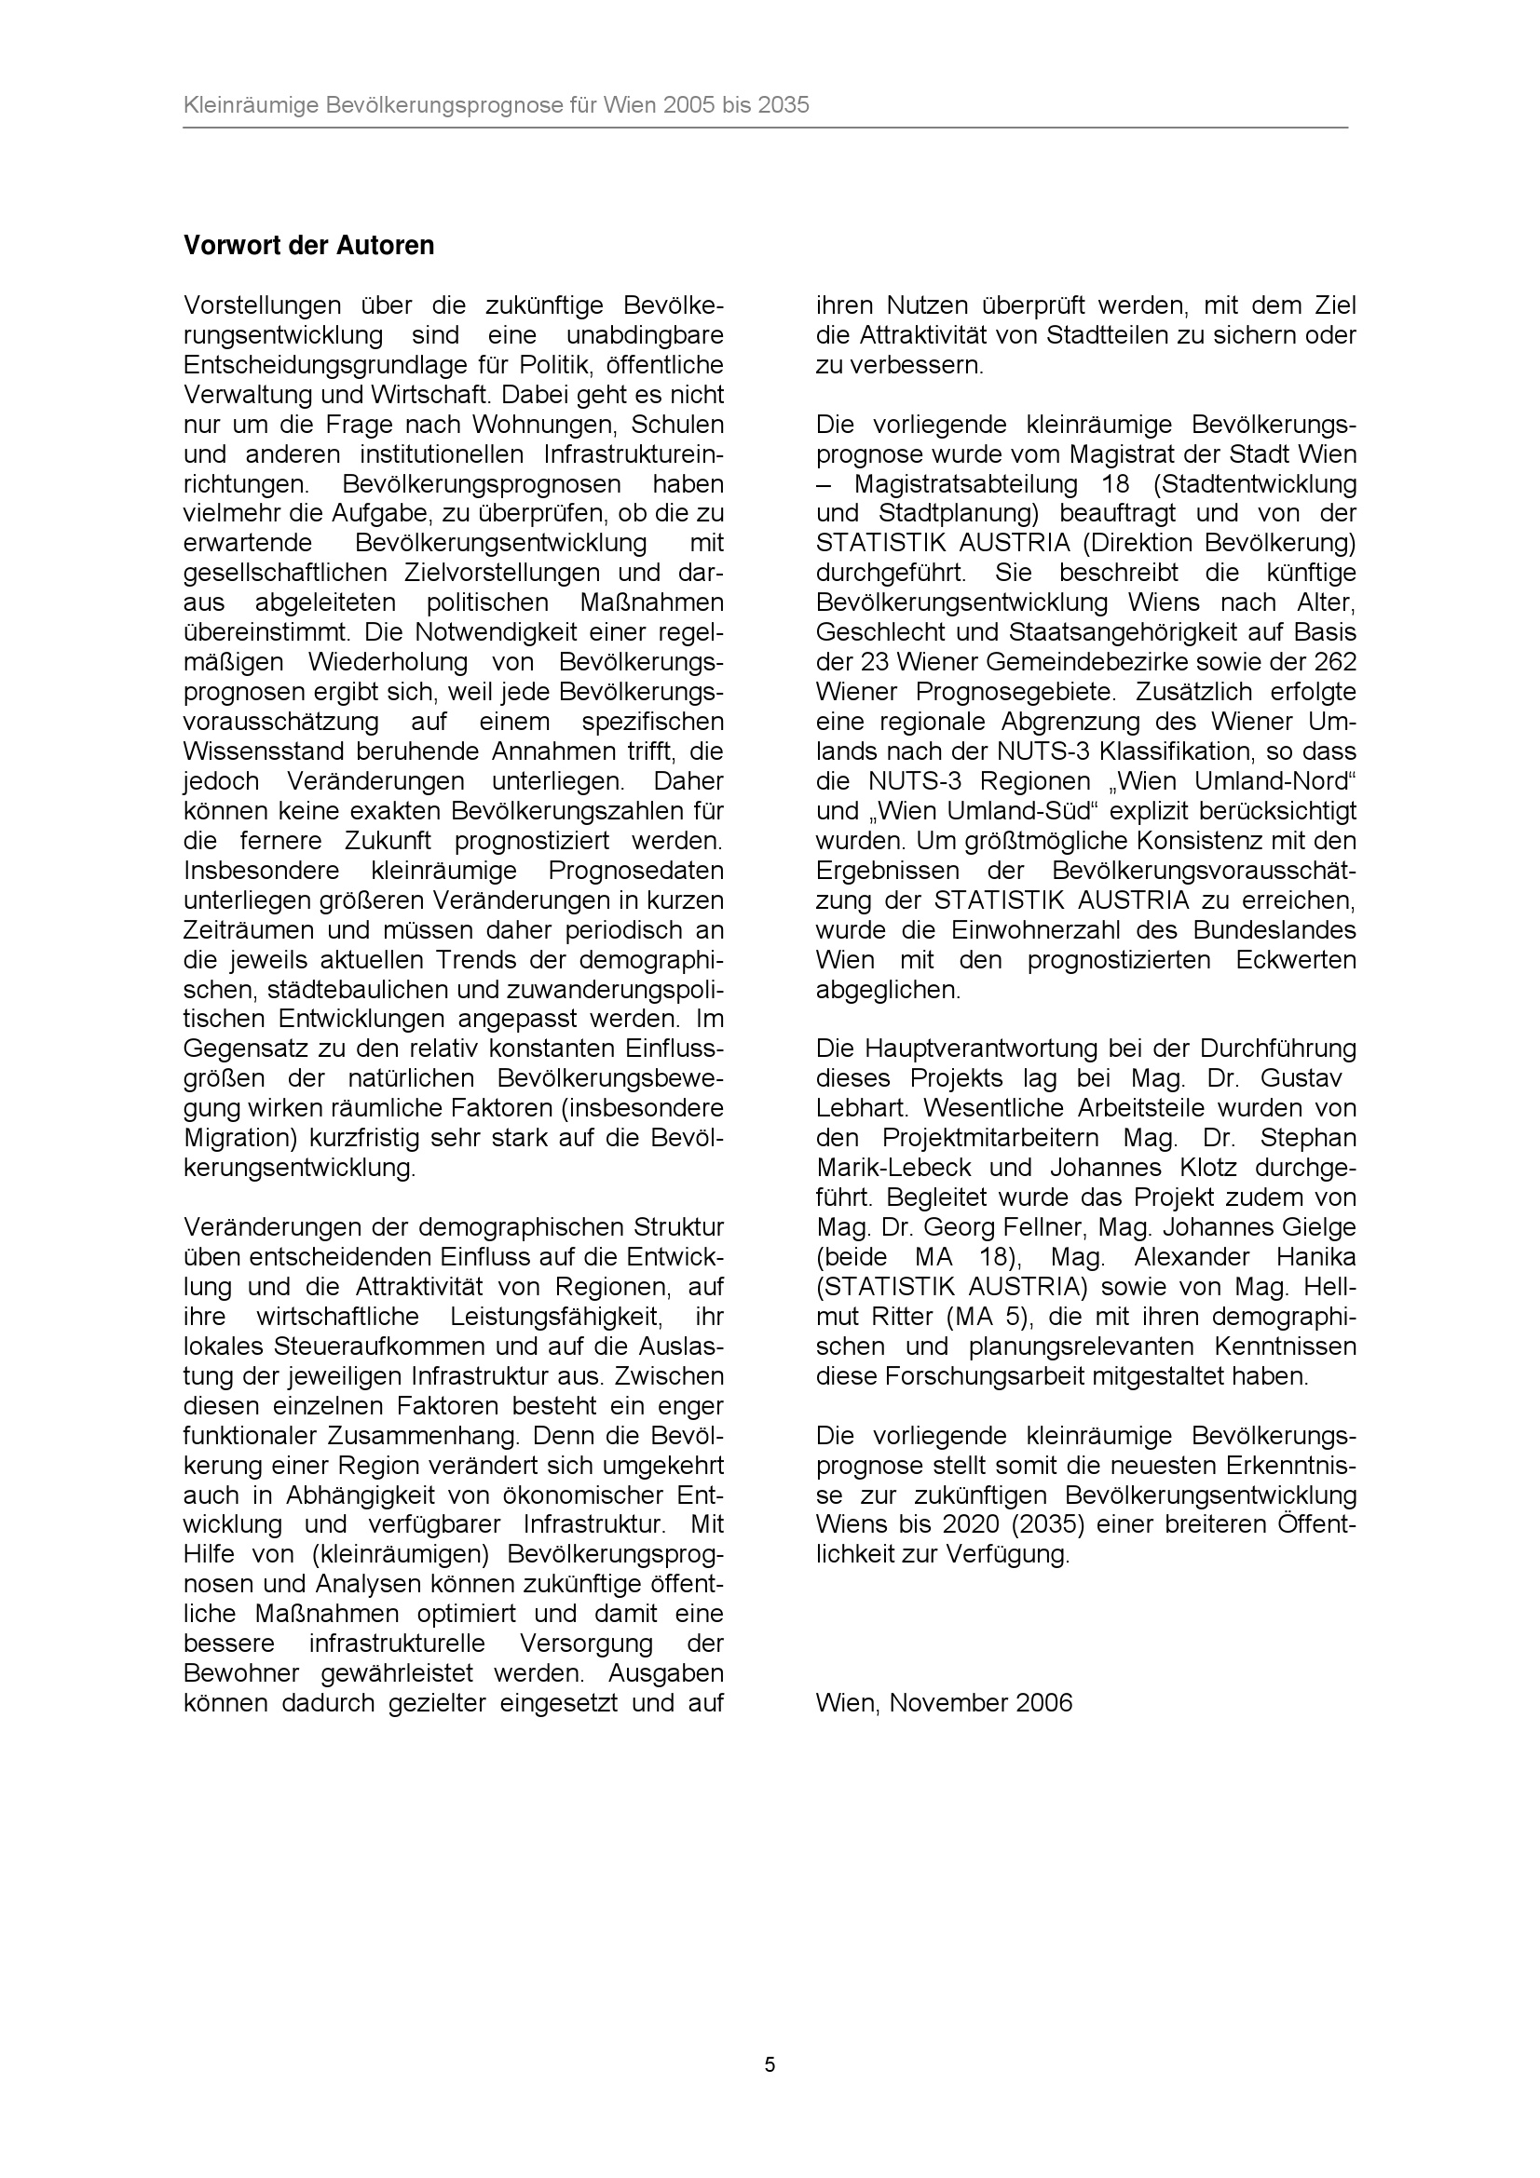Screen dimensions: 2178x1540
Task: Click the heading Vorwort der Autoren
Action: click(308, 246)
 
